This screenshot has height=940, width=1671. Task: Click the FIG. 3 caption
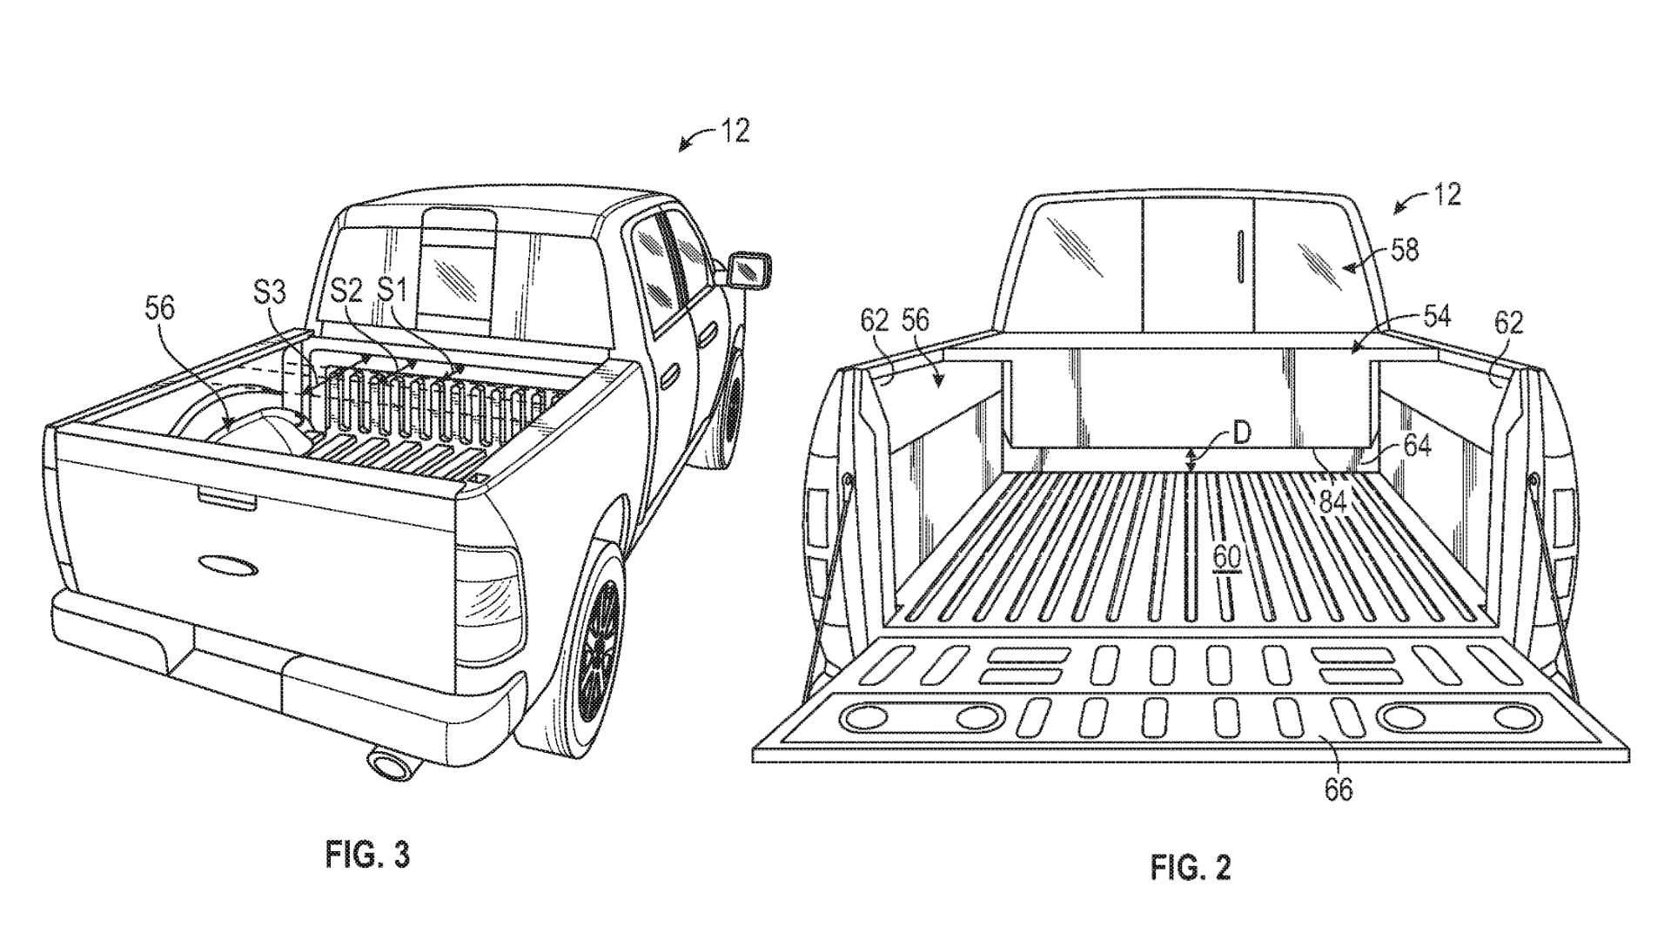point(367,855)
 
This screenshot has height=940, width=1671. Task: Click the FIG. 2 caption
point(1191,867)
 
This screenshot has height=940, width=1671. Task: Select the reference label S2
point(346,291)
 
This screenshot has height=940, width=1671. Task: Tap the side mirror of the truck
point(750,269)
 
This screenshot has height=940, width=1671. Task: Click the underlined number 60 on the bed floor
point(1226,554)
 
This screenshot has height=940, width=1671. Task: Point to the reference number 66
point(1339,789)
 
